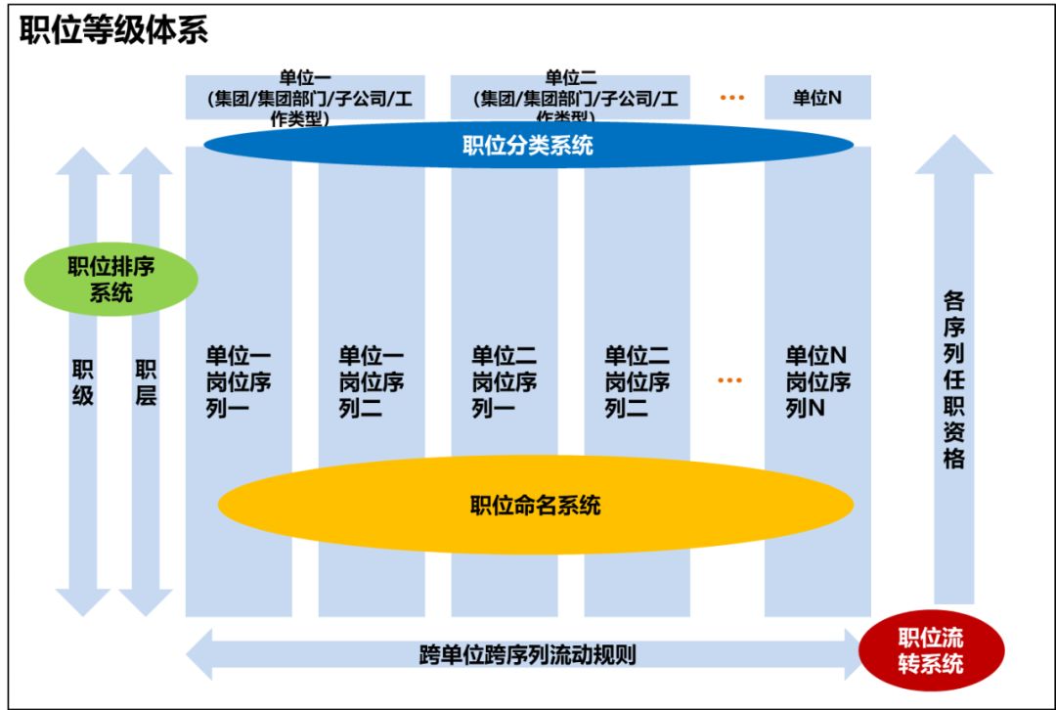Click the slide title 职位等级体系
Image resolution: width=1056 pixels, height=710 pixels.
(113, 30)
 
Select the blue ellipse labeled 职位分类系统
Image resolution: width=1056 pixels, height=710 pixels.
(528, 146)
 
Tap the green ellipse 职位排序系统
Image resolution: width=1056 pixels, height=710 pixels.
(111, 279)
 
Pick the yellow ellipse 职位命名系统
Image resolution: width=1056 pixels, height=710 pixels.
(535, 506)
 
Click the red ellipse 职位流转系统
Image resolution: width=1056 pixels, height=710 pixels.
(930, 650)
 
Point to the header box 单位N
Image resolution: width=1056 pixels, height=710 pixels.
(817, 98)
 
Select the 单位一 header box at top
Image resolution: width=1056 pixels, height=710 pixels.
(305, 98)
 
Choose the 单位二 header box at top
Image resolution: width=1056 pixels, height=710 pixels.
(571, 98)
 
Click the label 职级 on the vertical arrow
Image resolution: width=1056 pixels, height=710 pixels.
(83, 382)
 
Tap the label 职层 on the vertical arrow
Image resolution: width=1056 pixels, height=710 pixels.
(146, 382)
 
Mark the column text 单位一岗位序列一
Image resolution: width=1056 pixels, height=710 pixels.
(238, 381)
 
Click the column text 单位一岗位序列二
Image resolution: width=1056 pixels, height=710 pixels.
(372, 381)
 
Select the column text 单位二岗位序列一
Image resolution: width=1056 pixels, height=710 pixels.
(505, 381)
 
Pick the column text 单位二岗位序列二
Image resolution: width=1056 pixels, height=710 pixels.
(638, 381)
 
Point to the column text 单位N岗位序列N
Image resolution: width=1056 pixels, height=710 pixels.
(817, 381)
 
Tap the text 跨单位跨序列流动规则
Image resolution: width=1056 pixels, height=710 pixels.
(527, 653)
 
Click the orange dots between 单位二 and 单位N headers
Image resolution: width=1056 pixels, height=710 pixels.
(731, 98)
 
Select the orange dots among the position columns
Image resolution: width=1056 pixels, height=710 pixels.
(729, 379)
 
